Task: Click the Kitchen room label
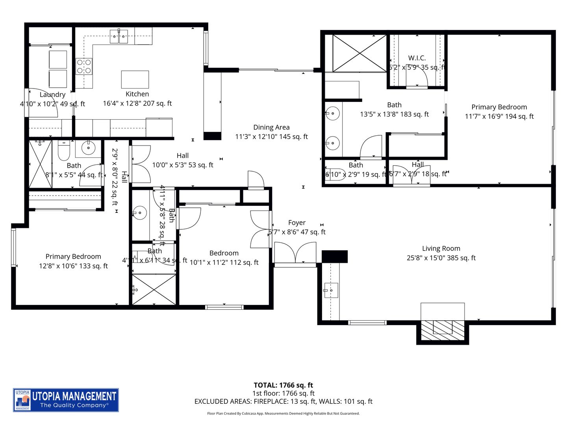pos(137,94)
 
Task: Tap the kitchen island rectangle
pos(135,79)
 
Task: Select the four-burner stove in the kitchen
pos(84,66)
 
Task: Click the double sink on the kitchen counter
pos(119,37)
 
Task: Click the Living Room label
pos(441,248)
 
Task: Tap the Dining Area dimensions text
pos(271,137)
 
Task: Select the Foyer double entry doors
pos(295,253)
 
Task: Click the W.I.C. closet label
pos(417,58)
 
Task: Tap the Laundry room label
pos(52,94)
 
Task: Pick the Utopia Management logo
pos(66,400)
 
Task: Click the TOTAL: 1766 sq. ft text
pos(283,385)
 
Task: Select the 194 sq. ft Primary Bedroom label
pos(499,107)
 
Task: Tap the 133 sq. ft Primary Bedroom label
pos(73,257)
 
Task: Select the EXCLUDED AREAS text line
pos(283,401)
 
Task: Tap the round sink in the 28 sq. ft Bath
pos(140,213)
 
